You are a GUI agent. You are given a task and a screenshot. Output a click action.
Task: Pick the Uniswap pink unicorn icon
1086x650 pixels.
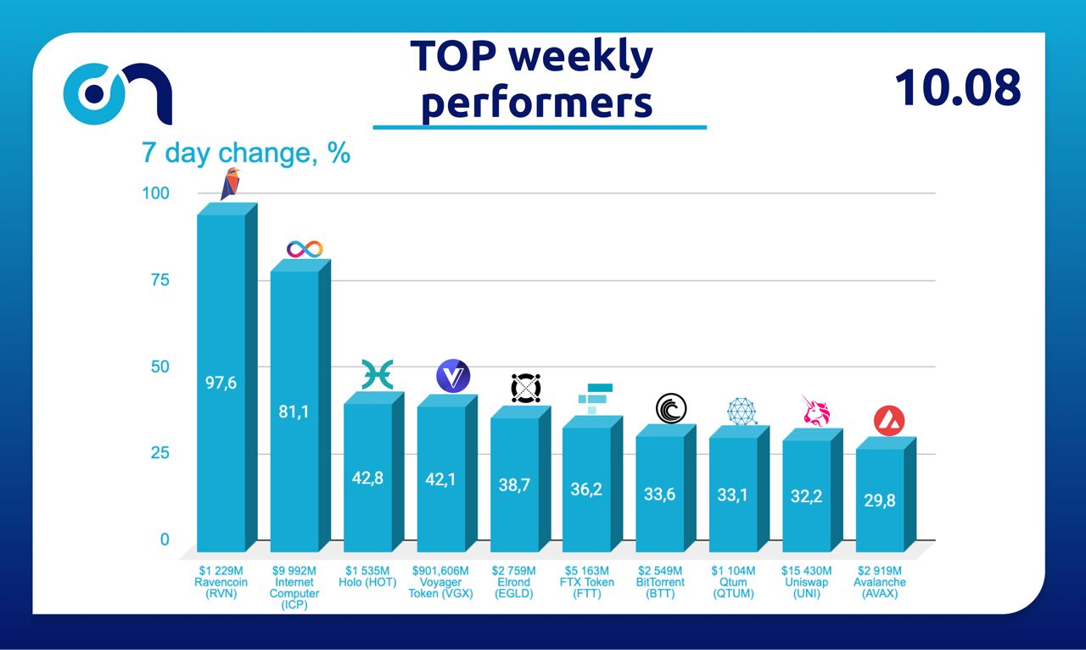pyautogui.click(x=815, y=411)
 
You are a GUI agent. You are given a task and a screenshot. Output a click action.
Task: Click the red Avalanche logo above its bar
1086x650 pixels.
pyautogui.click(x=888, y=421)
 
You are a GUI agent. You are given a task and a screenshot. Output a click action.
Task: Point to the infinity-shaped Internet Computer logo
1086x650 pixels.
pyautogui.click(x=305, y=249)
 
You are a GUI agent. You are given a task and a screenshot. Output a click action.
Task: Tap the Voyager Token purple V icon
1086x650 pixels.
pyautogui.click(x=452, y=376)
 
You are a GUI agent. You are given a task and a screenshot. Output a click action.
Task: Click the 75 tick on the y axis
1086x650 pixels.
pyautogui.click(x=159, y=281)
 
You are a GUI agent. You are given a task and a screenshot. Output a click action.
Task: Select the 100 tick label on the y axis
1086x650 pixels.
pyautogui.click(x=155, y=193)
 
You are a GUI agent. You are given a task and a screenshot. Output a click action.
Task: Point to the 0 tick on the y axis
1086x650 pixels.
pyautogui.click(x=165, y=540)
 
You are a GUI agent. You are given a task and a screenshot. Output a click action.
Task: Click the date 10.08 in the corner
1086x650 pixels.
pyautogui.click(x=957, y=87)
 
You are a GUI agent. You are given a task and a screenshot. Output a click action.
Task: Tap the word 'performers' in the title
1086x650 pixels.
pyautogui.click(x=537, y=103)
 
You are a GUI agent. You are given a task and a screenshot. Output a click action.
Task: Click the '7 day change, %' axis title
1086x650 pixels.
pyautogui.click(x=245, y=154)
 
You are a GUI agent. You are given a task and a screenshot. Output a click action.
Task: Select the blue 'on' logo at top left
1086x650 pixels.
pyautogui.click(x=118, y=94)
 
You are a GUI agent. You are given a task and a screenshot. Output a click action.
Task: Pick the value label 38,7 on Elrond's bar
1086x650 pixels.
pyautogui.click(x=514, y=486)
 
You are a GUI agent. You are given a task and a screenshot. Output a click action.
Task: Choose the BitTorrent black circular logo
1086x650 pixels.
pyautogui.click(x=671, y=409)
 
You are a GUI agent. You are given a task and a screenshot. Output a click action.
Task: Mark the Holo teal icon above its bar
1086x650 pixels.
pyautogui.click(x=378, y=374)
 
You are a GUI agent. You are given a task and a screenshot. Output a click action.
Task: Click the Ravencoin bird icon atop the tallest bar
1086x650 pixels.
pyautogui.click(x=230, y=183)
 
